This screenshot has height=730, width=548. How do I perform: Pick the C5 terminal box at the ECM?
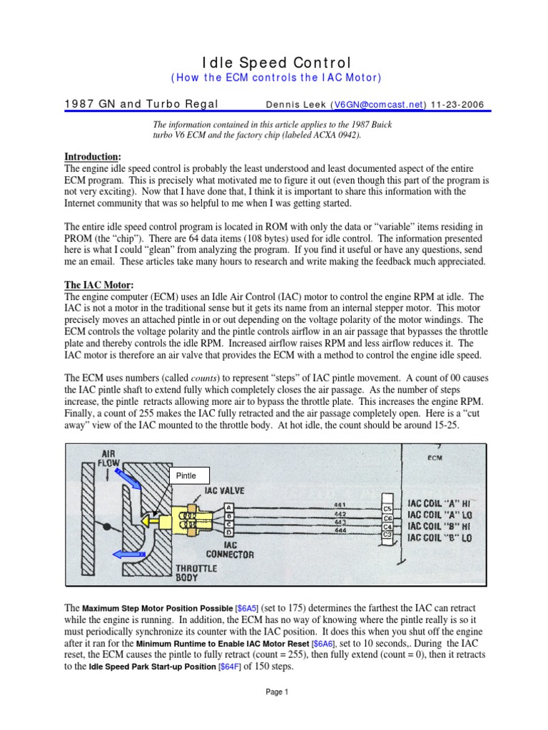[x=387, y=508]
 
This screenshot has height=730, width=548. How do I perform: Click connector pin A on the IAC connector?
[x=227, y=506]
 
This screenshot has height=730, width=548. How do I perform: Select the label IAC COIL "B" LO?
[x=438, y=538]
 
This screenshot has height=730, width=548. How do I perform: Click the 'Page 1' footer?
[x=275, y=692]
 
